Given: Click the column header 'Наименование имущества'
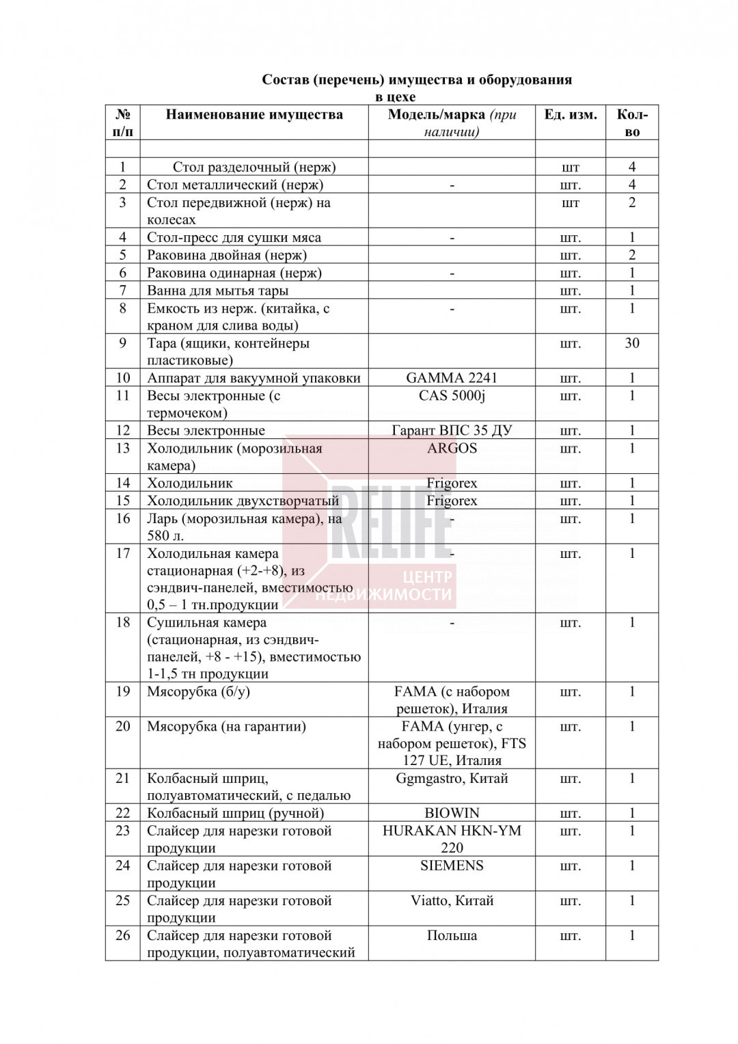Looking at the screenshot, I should tap(254, 115).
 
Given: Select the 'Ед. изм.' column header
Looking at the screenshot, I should tap(570, 115).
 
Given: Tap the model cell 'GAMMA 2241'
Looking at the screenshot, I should tap(452, 378).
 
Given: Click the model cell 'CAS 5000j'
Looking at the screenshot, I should tap(452, 396).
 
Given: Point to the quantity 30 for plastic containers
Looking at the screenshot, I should tap(631, 343).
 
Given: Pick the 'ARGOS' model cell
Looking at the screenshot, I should tap(452, 449).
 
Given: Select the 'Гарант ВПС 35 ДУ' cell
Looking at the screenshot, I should tap(452, 431).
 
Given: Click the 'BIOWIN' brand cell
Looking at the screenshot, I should tap(452, 813).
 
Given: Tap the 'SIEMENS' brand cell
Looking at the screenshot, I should tap(452, 866).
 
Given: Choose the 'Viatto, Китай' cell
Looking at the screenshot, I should tap(452, 900).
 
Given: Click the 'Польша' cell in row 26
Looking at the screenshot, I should tap(452, 935).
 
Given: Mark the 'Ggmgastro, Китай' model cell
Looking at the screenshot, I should tap(452, 778).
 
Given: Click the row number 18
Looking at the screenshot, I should tap(123, 622).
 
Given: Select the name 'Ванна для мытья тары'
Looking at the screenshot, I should tap(217, 291).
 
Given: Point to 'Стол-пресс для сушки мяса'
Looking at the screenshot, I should tap(234, 238).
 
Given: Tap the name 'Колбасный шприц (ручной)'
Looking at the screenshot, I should tap(235, 813).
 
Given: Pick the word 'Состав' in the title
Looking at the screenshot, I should tap(286, 80).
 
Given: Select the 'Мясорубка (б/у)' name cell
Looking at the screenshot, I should tap(198, 691).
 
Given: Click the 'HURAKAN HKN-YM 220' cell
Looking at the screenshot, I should tap(452, 838).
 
